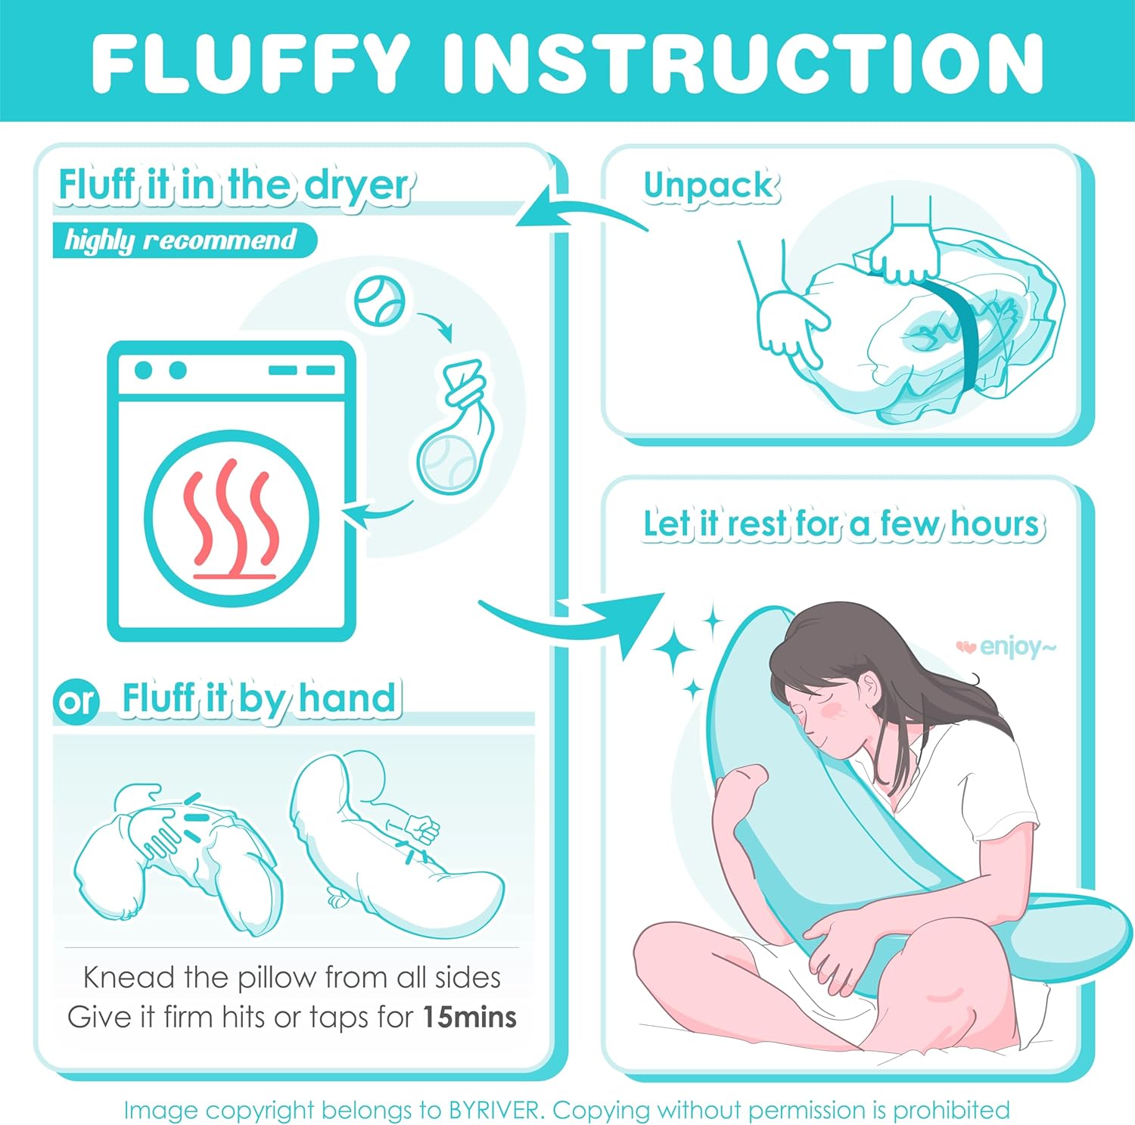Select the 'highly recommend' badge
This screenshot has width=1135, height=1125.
pos(184,240)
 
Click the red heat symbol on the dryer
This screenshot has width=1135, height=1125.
pos(232,520)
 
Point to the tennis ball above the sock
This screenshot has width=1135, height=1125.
pos(380,301)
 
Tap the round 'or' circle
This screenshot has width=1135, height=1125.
pos(76,701)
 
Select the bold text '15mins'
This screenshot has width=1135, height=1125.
pos(469,1017)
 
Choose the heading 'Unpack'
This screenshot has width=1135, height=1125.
pos(710,186)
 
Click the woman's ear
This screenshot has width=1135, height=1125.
pos(870,689)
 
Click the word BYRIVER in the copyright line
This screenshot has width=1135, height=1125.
pos(496,1110)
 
